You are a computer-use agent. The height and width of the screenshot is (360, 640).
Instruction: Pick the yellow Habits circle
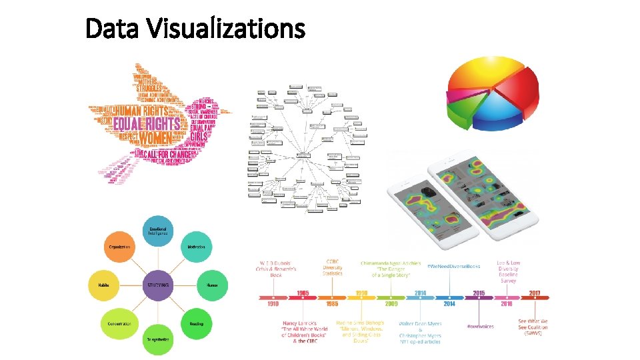coord(103,285)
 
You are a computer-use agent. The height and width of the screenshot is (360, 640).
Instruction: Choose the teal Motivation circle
coord(196,247)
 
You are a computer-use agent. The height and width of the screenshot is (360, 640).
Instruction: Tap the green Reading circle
coord(196,323)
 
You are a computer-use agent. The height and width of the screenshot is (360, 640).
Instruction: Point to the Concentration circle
coord(120,323)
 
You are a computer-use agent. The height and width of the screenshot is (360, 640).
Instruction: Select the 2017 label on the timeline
coord(534,293)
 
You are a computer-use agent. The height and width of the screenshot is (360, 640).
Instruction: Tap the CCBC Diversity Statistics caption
coord(332,267)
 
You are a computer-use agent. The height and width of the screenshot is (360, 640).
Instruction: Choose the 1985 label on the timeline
coord(332,303)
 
